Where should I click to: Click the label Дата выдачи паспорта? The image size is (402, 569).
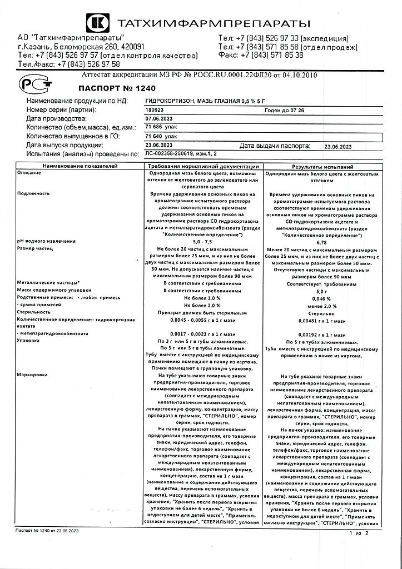coord(274,146)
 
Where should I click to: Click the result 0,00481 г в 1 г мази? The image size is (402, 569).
coord(322,321)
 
